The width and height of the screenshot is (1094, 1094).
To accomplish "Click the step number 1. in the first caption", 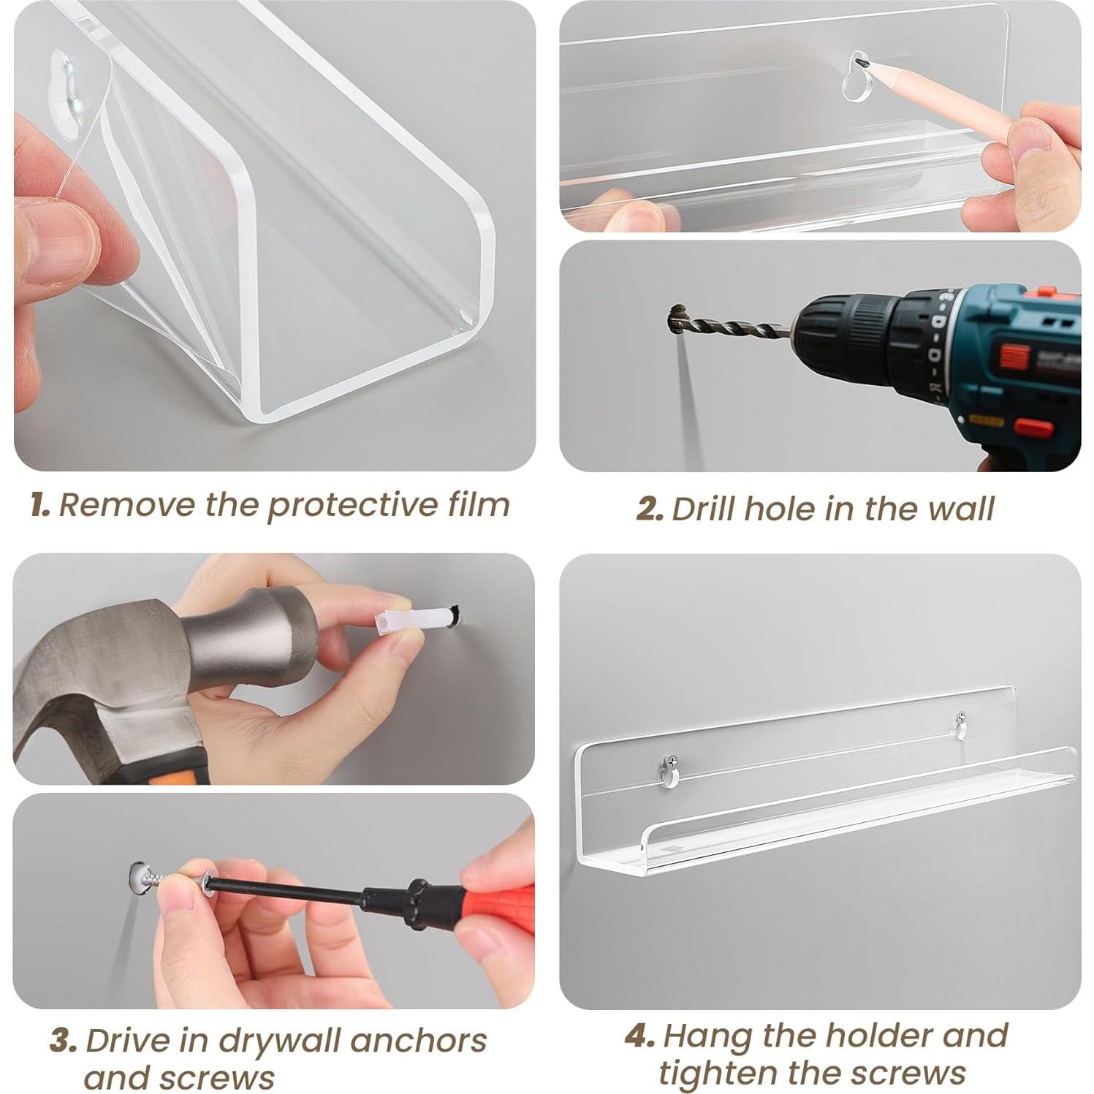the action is click(40, 505).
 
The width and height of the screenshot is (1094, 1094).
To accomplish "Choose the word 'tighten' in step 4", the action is click(717, 1074).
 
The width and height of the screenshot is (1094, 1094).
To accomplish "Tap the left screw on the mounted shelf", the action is click(669, 762).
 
